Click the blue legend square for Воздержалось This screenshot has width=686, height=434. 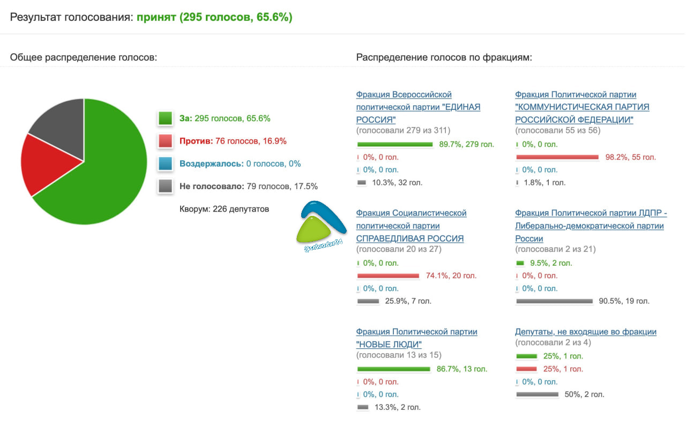pyautogui.click(x=166, y=163)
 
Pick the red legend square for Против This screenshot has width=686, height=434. pyautogui.click(x=166, y=141)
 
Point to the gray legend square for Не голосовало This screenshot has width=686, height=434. pyautogui.click(x=166, y=186)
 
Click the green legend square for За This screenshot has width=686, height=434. pyautogui.click(x=166, y=118)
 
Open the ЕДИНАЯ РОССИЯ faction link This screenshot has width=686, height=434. pyautogui.click(x=418, y=107)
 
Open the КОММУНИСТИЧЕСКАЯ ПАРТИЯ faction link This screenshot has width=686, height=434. pyautogui.click(x=582, y=107)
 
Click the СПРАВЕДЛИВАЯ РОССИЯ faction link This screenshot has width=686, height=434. pyautogui.click(x=411, y=226)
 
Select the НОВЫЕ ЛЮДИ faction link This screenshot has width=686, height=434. pyautogui.click(x=416, y=338)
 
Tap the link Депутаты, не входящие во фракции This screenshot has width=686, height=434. pyautogui.click(x=586, y=332)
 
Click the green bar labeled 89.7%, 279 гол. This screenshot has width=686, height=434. pyautogui.click(x=395, y=145)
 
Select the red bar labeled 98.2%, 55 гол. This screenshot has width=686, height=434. pyautogui.click(x=557, y=158)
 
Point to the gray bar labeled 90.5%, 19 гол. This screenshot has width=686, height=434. pyautogui.click(x=554, y=301)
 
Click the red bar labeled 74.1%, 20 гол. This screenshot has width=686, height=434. pyautogui.click(x=388, y=276)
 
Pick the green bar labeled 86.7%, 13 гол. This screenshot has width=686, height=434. pyautogui.click(x=393, y=369)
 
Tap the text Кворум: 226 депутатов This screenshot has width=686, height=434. pyautogui.click(x=224, y=209)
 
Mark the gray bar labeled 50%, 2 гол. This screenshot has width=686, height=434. pyautogui.click(x=537, y=394)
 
